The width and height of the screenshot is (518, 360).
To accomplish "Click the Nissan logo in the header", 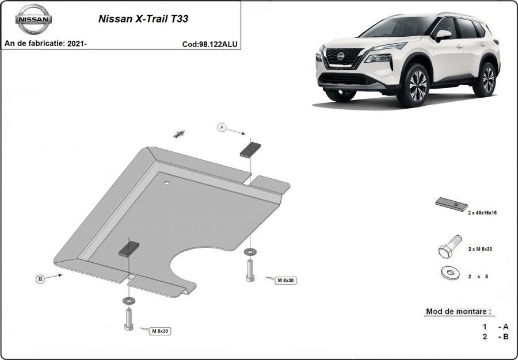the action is click(33, 19).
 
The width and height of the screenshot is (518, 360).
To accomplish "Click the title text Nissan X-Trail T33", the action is click(143, 19).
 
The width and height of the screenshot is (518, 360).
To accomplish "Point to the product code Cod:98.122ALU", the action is click(210, 44).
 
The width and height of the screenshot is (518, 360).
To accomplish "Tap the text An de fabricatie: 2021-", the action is click(45, 43).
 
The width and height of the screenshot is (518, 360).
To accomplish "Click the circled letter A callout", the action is click(222, 127).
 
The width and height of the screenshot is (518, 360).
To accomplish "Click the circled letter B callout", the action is click(40, 279).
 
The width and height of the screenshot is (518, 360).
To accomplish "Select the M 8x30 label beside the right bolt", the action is click(285, 280).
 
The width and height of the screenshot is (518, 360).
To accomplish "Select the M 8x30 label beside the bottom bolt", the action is click(160, 331).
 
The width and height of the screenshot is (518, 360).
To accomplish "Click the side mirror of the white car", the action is click(443, 35).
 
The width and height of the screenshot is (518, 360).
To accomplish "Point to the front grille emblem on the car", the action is click(341, 56).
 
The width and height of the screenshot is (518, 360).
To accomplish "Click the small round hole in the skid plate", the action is click(166, 183).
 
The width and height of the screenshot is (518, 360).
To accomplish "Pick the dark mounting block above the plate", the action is click(250, 150).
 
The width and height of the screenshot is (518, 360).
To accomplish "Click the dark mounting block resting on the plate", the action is click(129, 249).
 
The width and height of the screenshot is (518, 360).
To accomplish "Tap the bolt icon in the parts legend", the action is click(450, 247).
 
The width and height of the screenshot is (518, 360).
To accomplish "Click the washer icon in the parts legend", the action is click(450, 273).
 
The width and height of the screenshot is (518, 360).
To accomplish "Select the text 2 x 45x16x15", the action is click(482, 213).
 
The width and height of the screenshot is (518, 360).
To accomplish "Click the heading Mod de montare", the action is click(459, 311).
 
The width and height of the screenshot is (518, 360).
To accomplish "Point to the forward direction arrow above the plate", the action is click(179, 134).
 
